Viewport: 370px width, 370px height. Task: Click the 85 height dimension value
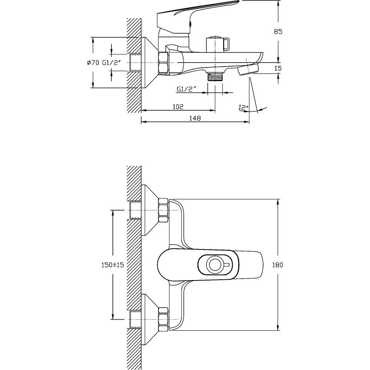278,31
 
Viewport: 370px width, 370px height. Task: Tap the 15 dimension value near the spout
278,68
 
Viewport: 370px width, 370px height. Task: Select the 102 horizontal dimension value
178,107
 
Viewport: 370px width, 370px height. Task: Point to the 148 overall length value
195,118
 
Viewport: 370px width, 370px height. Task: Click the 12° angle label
243,108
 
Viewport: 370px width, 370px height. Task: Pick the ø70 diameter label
93,63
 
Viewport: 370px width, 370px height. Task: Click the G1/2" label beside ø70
112,63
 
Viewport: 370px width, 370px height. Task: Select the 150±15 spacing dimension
112,265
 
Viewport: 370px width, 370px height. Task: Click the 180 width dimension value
277,265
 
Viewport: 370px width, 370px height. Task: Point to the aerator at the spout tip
249,70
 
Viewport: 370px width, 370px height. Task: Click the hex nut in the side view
164,63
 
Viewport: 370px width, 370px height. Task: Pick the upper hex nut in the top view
164,211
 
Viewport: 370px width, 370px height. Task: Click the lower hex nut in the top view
164,319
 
